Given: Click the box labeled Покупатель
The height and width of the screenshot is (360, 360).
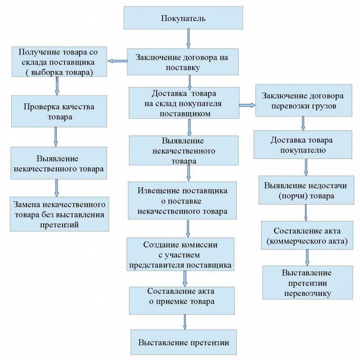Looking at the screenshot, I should point(183,18).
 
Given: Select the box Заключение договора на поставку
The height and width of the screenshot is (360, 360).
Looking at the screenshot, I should point(183,62).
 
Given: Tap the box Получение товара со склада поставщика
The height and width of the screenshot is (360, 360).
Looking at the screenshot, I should point(59,62).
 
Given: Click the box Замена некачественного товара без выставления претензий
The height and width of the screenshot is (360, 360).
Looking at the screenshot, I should point(60,214).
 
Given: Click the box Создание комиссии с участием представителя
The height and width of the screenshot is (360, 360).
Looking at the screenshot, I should point(180,255).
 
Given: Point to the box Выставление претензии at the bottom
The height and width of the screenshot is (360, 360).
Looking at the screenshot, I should point(184,343).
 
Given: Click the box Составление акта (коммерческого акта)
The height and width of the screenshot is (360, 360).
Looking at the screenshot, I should point(307,236).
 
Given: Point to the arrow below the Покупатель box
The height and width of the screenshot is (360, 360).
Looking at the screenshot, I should point(189,40).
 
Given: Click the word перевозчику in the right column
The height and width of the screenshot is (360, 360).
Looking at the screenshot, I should point(308,293).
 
